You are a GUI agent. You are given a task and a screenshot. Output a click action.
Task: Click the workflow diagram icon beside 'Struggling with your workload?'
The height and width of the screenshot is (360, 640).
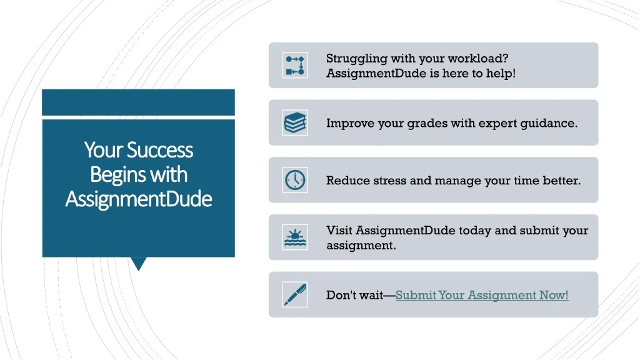point(295,65)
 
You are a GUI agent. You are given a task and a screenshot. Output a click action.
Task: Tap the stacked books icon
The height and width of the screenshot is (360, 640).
point(295,122)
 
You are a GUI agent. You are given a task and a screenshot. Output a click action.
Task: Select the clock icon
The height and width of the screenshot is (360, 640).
point(295,180)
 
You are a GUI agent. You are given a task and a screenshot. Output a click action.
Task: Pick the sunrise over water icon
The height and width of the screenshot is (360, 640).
point(295,237)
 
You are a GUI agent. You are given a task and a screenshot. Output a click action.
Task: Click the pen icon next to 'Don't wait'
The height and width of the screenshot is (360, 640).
point(295,295)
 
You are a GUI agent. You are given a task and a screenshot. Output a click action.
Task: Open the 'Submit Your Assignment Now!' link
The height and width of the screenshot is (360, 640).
point(482,295)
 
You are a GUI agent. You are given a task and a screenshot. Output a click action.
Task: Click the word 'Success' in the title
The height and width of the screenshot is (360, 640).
point(159,150)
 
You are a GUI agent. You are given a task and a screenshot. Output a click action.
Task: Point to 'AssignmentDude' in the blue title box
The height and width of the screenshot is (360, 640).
point(139,199)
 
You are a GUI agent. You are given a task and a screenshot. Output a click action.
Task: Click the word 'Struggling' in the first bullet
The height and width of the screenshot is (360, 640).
point(356,59)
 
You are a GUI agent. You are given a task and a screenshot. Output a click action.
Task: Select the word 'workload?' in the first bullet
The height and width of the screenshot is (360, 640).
point(478,58)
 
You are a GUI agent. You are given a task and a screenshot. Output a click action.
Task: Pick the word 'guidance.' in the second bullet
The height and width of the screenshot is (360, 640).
point(549,124)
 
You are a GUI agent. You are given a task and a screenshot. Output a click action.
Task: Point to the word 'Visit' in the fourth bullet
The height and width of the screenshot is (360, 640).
point(339,230)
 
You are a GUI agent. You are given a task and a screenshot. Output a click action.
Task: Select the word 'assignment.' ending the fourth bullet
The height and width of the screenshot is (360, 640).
point(361,245)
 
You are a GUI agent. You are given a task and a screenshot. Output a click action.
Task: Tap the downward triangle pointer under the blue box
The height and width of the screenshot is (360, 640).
point(139,264)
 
